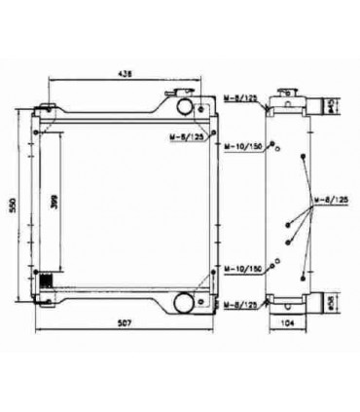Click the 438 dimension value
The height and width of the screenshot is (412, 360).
(x=126, y=73)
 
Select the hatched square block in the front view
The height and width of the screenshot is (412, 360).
(x=43, y=281)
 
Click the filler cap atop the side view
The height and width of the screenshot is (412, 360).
(x=289, y=92)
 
